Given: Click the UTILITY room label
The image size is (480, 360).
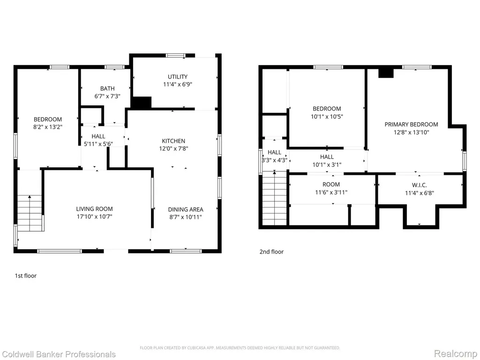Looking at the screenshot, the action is [178, 76].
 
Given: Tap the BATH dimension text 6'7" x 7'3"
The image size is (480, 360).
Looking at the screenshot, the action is [107, 96].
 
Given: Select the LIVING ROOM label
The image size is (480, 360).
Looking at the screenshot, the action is [94, 209].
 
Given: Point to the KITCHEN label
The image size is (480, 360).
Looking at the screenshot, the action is [173, 141].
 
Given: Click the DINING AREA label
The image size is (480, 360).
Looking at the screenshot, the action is [186, 210].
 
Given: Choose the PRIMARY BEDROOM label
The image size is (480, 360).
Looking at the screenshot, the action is [411, 124].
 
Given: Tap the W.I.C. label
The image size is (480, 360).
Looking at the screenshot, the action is [420, 185].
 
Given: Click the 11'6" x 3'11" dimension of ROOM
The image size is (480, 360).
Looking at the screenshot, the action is [331, 192].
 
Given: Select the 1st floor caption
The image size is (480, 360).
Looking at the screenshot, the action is [26, 276].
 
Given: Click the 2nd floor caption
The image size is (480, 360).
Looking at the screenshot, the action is [271, 252].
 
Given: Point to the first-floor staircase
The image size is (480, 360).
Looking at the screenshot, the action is [30, 213].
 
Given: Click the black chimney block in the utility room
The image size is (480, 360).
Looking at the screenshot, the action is [141, 102].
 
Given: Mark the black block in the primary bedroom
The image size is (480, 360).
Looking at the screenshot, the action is [386, 73].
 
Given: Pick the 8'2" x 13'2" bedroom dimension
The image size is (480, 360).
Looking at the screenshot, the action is [48, 127].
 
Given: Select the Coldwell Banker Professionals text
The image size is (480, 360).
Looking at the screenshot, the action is [58, 354].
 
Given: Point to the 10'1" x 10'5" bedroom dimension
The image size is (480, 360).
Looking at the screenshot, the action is [327, 116].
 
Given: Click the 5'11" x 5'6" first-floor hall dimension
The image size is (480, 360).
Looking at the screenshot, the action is [98, 143].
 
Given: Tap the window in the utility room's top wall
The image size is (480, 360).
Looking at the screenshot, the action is [176, 55].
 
